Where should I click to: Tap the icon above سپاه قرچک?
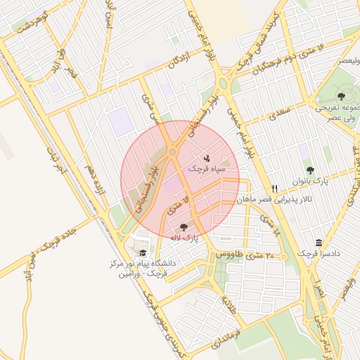[206, 158]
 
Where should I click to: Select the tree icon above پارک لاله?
[184, 227]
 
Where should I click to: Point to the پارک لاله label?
[184, 238]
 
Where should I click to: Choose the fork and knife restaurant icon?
[275, 188]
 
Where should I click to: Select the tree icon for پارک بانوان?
[311, 170]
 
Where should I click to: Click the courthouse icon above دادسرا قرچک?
[319, 243]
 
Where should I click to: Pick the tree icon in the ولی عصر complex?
[341, 96]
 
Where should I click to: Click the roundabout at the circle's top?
[172, 151]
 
